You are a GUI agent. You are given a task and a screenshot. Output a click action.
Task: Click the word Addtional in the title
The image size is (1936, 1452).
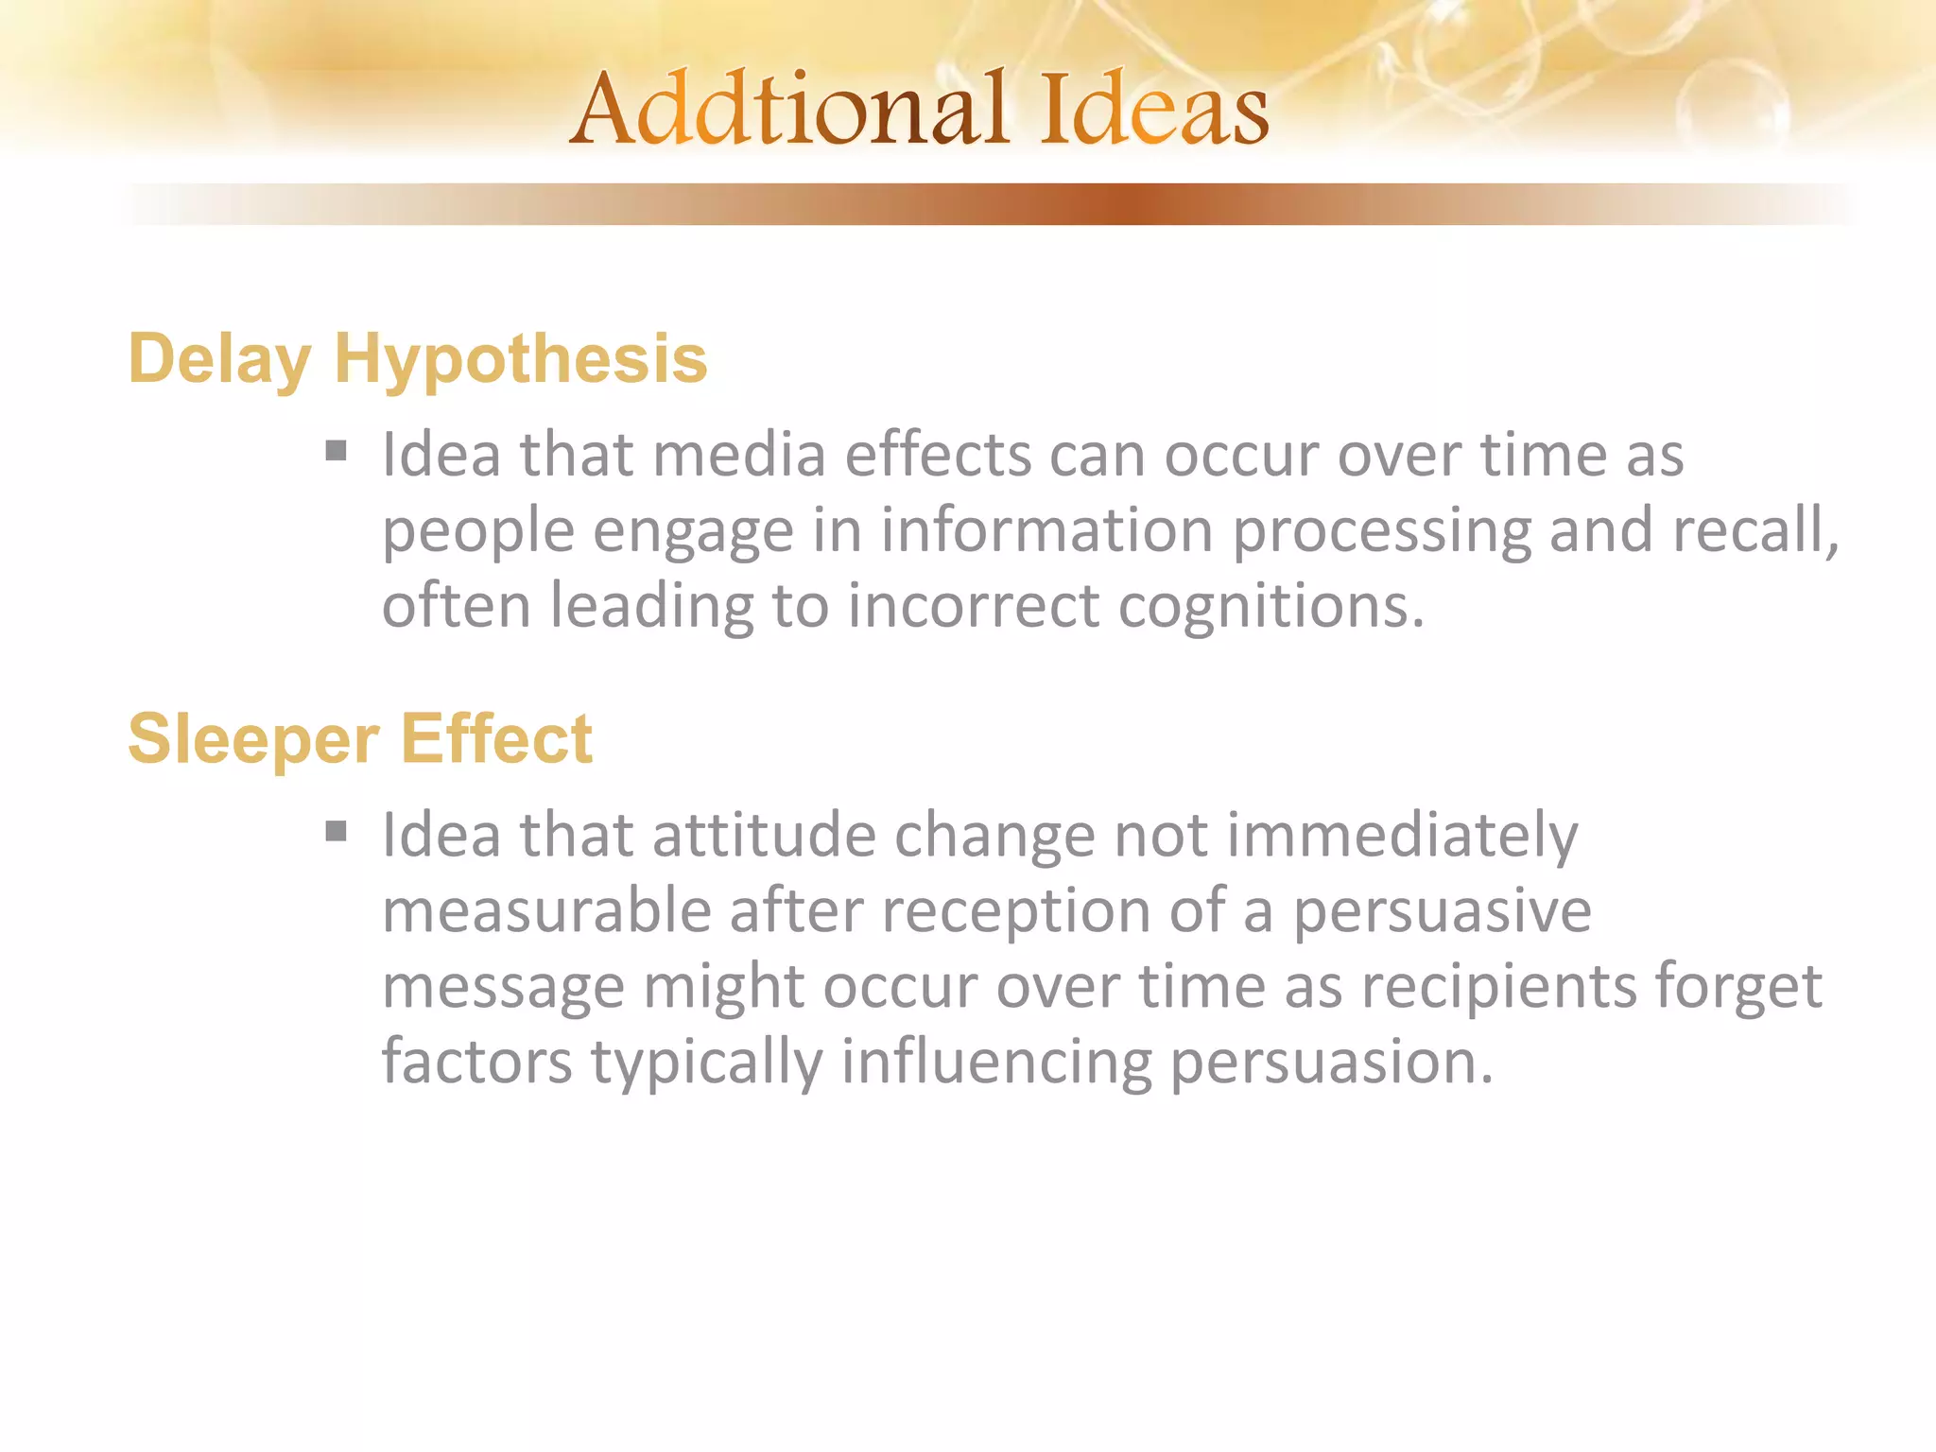[x=790, y=111]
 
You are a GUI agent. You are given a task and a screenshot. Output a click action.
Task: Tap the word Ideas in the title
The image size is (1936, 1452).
[x=1154, y=111]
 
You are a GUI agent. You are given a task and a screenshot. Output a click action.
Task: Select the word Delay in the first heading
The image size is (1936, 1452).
[x=219, y=360]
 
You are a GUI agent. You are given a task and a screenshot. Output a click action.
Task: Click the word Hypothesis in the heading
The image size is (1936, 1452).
[x=520, y=360]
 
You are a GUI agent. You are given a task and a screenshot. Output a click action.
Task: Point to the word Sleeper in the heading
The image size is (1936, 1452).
[x=253, y=738]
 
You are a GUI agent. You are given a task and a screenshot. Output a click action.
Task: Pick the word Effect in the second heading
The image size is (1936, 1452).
[x=496, y=738]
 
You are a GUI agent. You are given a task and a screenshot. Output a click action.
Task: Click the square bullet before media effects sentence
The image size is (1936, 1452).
[x=336, y=450]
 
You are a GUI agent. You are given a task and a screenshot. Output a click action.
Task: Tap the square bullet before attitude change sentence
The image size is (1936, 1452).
[x=336, y=831]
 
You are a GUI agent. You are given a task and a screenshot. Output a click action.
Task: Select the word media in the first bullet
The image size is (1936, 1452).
[x=739, y=455]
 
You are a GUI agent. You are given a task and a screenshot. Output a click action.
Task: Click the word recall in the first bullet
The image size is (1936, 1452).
[x=1754, y=530]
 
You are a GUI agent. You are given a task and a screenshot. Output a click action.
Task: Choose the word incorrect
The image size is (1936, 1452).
[x=973, y=606]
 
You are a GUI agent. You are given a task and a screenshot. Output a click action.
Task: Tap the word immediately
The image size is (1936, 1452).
[x=1402, y=836]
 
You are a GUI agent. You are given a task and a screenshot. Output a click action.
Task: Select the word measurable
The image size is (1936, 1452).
[x=546, y=911]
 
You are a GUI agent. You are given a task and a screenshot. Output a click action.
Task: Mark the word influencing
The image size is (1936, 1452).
[x=996, y=1063]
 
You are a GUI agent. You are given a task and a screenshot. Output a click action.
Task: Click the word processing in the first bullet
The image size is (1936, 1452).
[x=1381, y=530]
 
